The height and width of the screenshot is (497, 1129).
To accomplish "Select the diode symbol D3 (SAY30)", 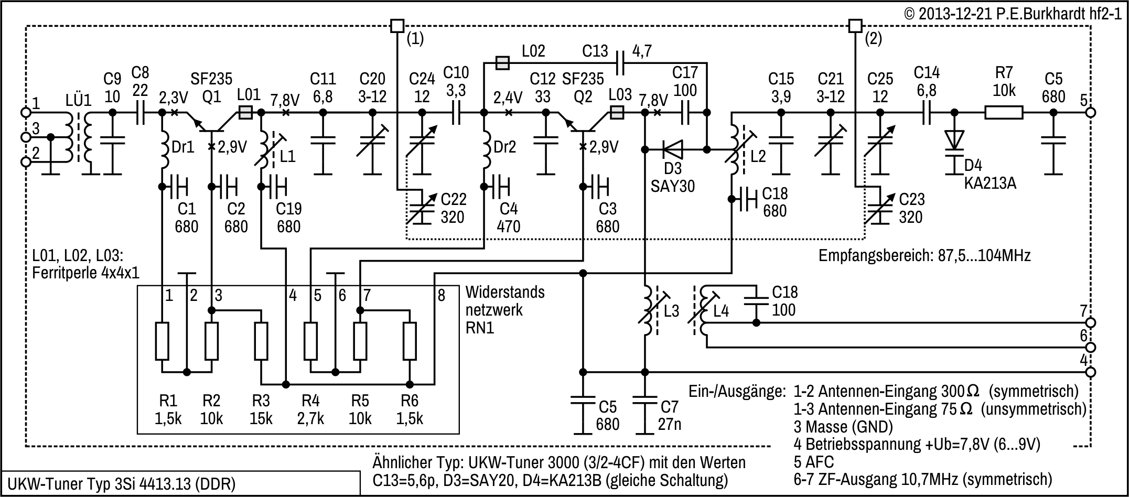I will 673,150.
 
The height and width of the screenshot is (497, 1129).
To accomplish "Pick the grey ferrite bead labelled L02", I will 502,63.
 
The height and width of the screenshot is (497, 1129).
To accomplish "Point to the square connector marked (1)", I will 397,25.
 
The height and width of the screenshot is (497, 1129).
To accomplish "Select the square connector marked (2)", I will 855,25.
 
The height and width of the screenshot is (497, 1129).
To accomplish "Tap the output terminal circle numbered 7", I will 1090,322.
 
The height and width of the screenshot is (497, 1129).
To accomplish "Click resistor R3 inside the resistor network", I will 261,341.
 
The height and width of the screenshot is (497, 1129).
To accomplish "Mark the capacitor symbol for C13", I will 620,63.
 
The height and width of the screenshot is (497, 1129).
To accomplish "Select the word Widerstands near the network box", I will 504,292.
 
